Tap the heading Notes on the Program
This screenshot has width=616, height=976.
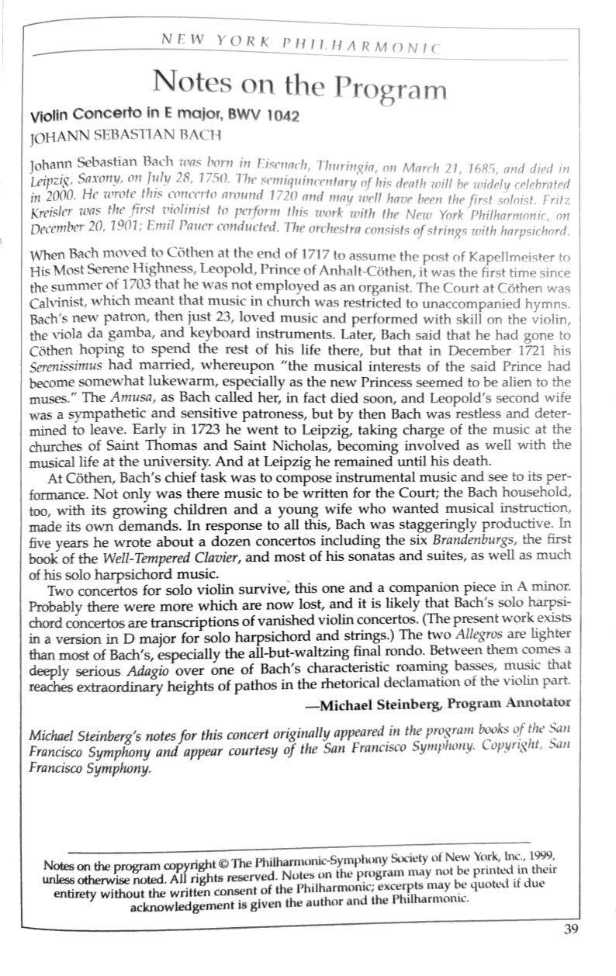[x=300, y=84]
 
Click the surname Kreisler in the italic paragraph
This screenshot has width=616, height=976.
[x=50, y=213]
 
